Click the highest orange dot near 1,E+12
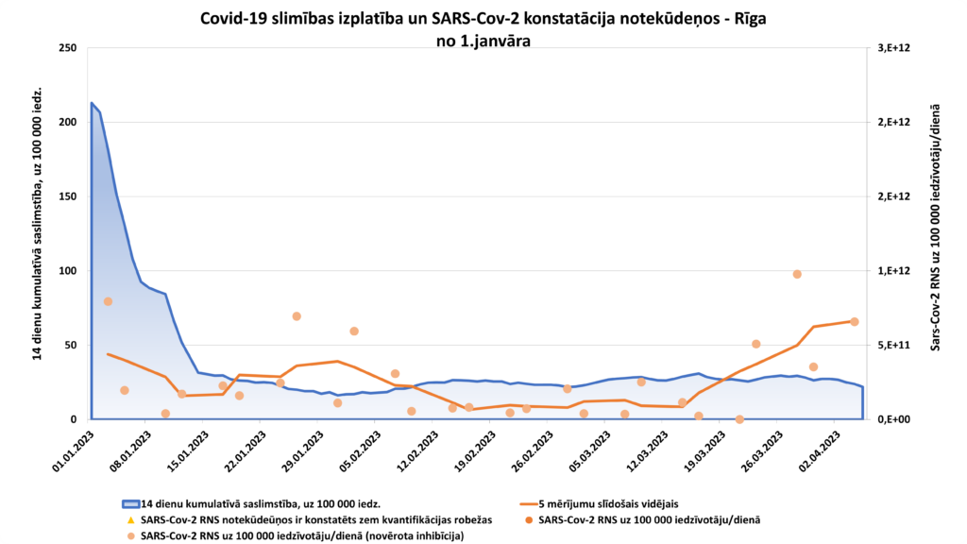[x=797, y=274]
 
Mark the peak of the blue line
[x=91, y=103]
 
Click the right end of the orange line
[x=855, y=321]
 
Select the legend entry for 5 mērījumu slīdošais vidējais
[x=608, y=503]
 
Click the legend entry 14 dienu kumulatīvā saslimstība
[x=260, y=503]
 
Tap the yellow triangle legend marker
[x=130, y=520]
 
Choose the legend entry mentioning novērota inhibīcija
[x=301, y=536]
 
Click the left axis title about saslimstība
[x=39, y=224]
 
